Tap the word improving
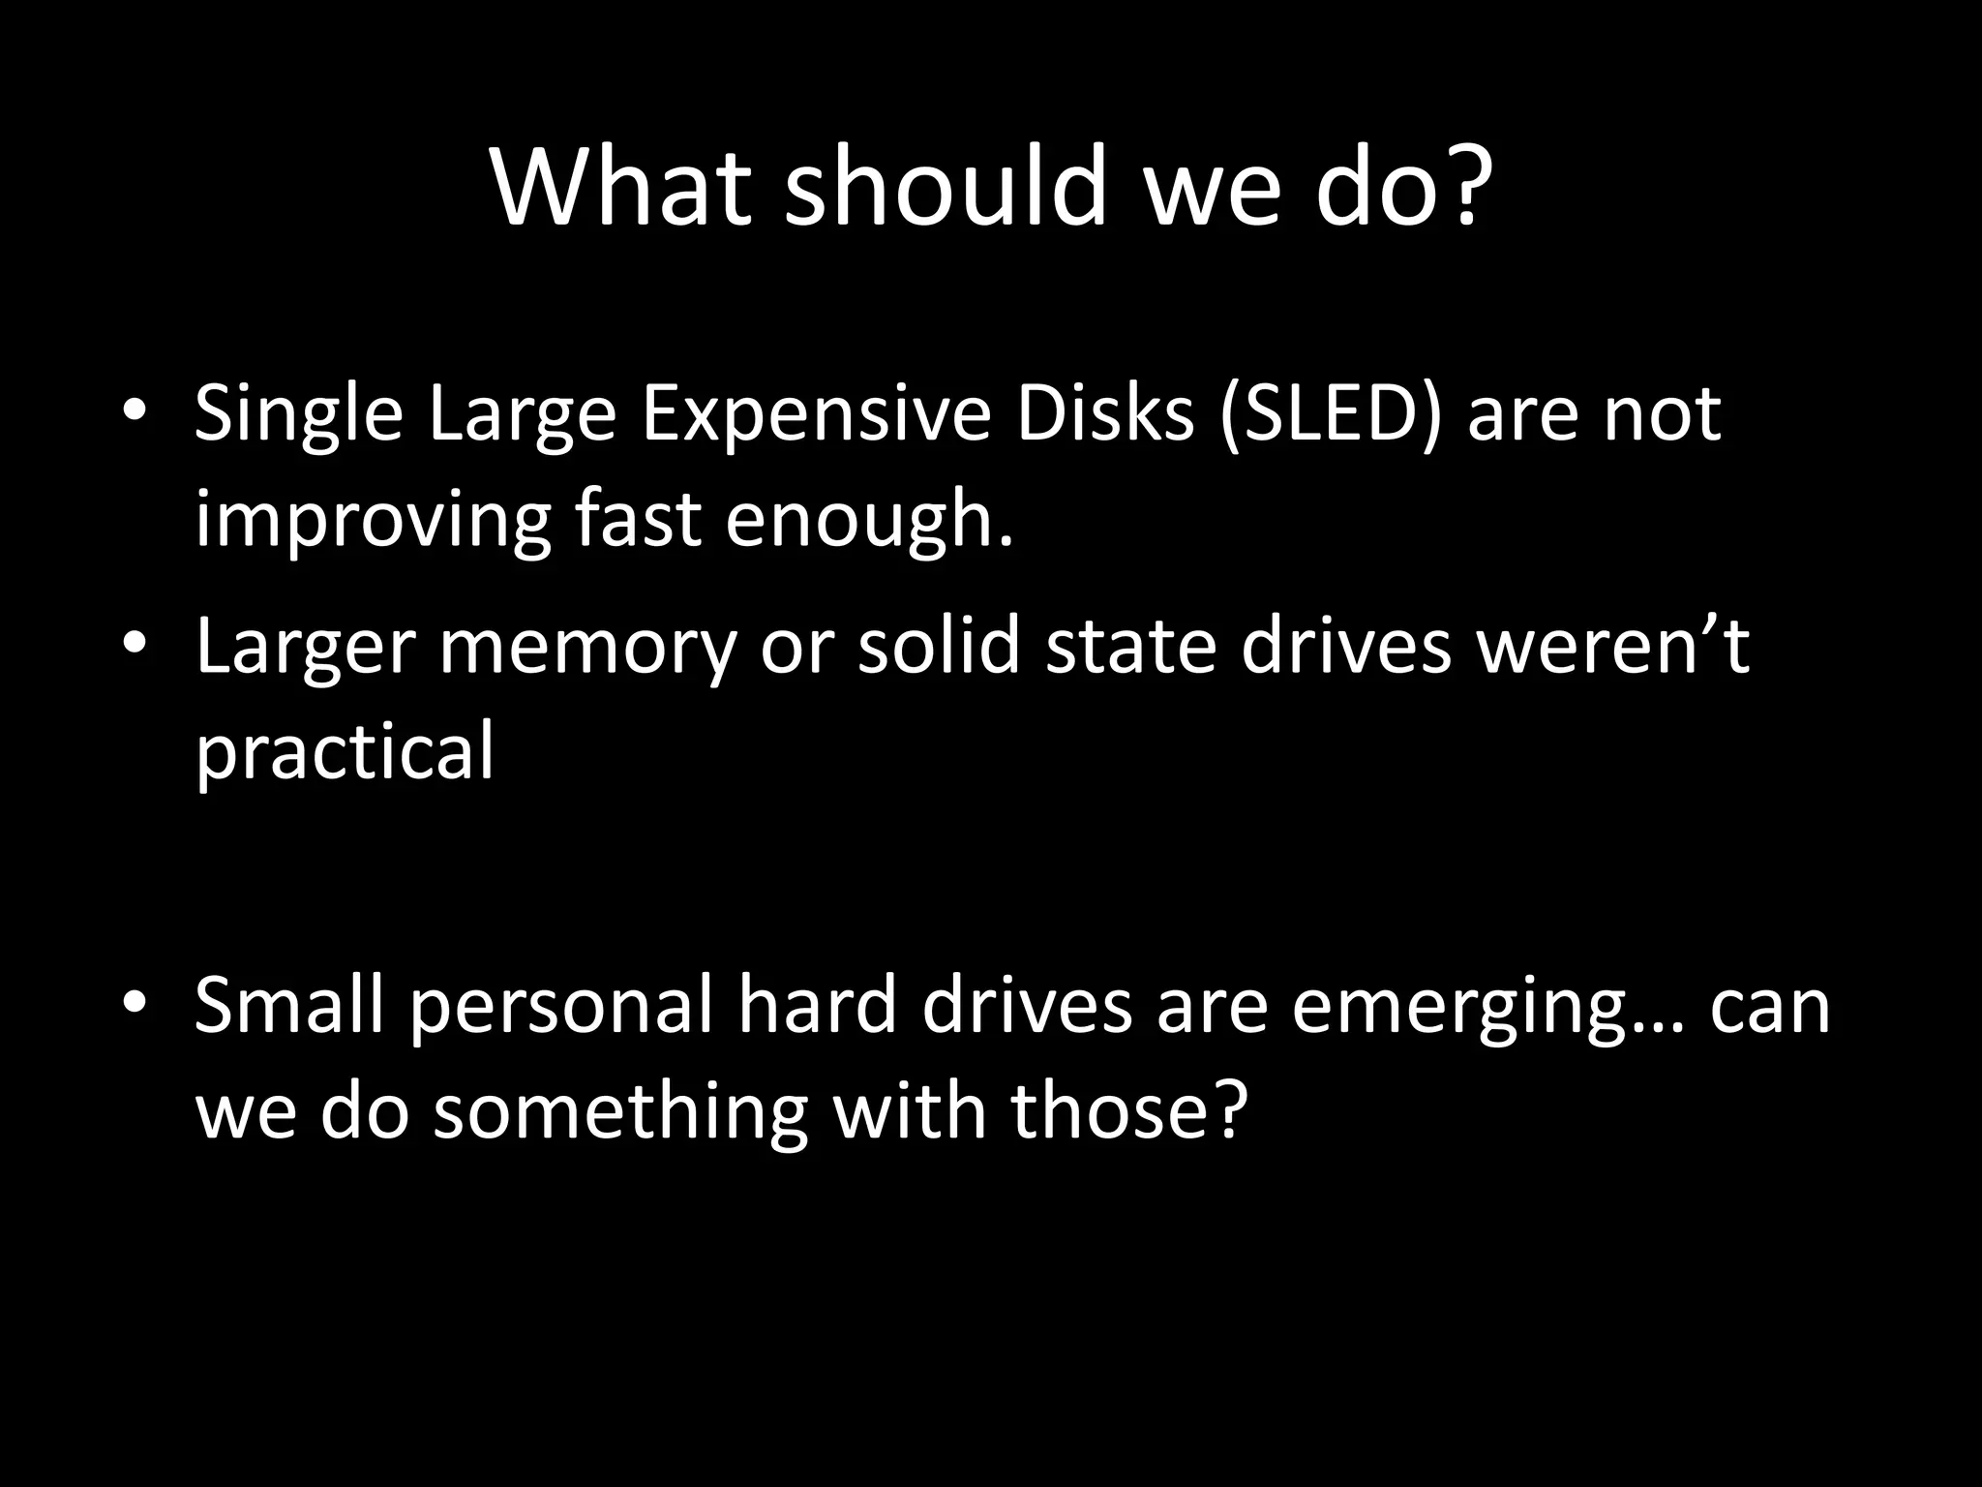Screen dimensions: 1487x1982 coord(373,521)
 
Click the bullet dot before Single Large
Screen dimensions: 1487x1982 coord(135,412)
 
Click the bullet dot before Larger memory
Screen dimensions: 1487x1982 coord(135,644)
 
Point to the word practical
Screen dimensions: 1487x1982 coord(345,752)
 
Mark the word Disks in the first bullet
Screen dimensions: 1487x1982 coord(1104,414)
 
